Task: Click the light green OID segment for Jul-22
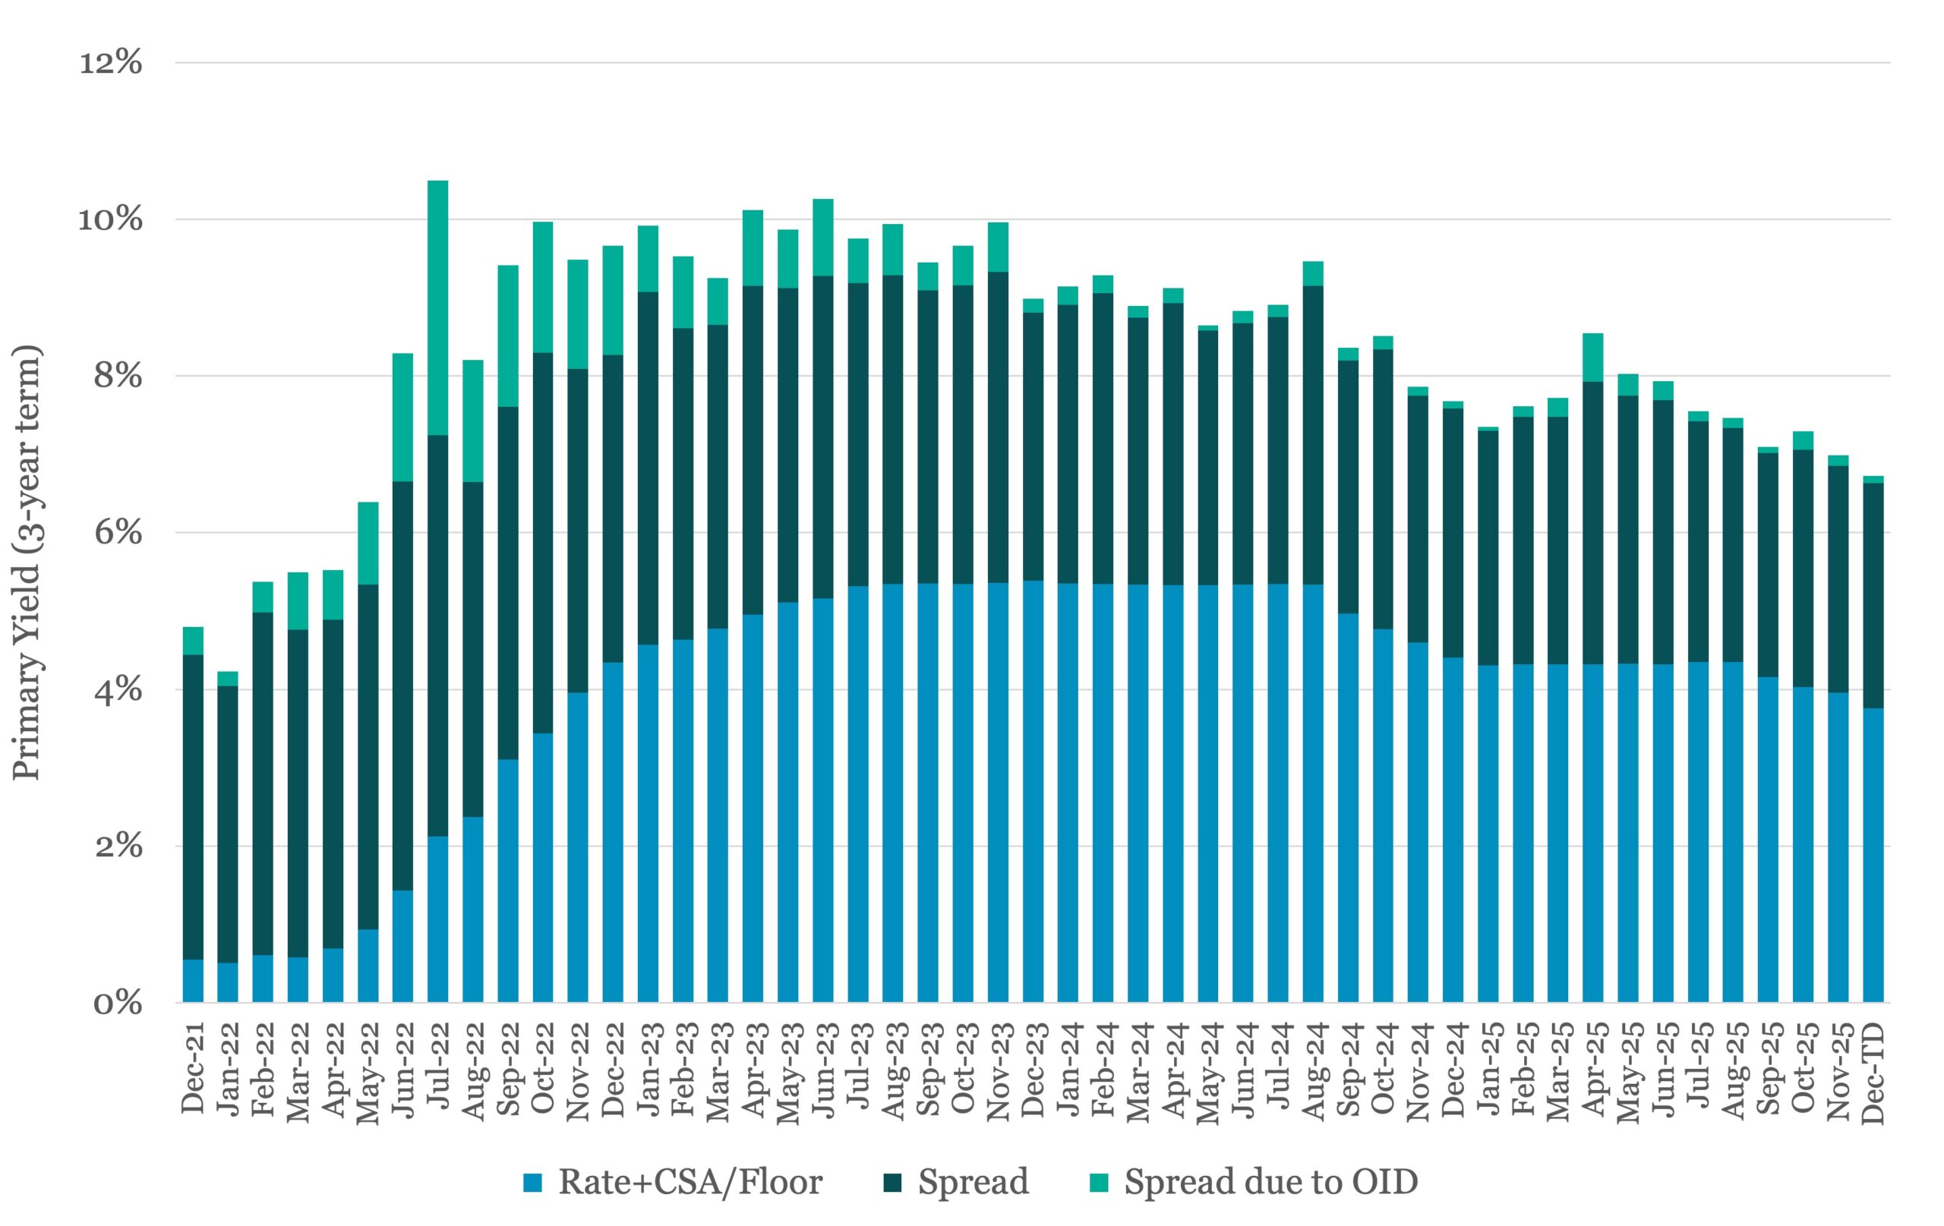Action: click(437, 307)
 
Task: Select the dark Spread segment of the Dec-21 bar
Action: click(193, 806)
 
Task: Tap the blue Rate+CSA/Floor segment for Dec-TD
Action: click(1873, 855)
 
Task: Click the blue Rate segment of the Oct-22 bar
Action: click(542, 868)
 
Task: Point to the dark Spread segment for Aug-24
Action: click(1313, 435)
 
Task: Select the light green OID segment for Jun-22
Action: click(402, 418)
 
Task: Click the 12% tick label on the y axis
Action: click(111, 63)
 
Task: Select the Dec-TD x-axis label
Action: click(1873, 1073)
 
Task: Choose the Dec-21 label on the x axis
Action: click(193, 1069)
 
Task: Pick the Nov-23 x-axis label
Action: click(998, 1072)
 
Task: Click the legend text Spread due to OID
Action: click(1270, 1183)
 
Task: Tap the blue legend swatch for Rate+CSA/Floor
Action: click(533, 1183)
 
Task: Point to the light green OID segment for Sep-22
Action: click(508, 336)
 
